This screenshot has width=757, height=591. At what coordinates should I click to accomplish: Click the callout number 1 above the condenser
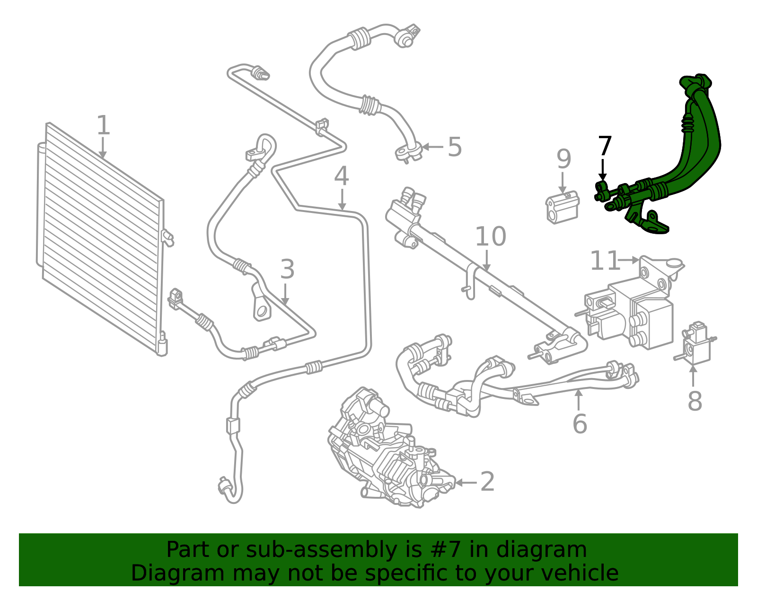point(103,125)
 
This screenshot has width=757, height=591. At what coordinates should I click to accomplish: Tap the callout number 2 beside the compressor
point(487,482)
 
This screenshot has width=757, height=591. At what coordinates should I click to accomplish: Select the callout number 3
point(287,270)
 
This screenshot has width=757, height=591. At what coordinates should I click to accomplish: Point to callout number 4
point(341,176)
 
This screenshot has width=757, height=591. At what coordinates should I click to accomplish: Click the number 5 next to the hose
point(454,147)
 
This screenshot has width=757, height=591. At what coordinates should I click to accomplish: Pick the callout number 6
point(580,423)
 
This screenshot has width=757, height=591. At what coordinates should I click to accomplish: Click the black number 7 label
point(605,146)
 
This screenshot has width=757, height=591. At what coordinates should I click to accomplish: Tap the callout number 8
point(695,401)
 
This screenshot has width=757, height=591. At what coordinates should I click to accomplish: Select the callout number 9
point(563,159)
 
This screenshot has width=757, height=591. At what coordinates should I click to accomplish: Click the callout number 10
point(490,237)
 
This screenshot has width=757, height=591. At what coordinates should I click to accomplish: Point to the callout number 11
point(605,261)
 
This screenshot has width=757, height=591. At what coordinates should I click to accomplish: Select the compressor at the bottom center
point(388,454)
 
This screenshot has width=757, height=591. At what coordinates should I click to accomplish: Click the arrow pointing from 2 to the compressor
point(466,483)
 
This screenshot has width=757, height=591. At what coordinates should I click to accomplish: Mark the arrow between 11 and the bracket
point(629,260)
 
